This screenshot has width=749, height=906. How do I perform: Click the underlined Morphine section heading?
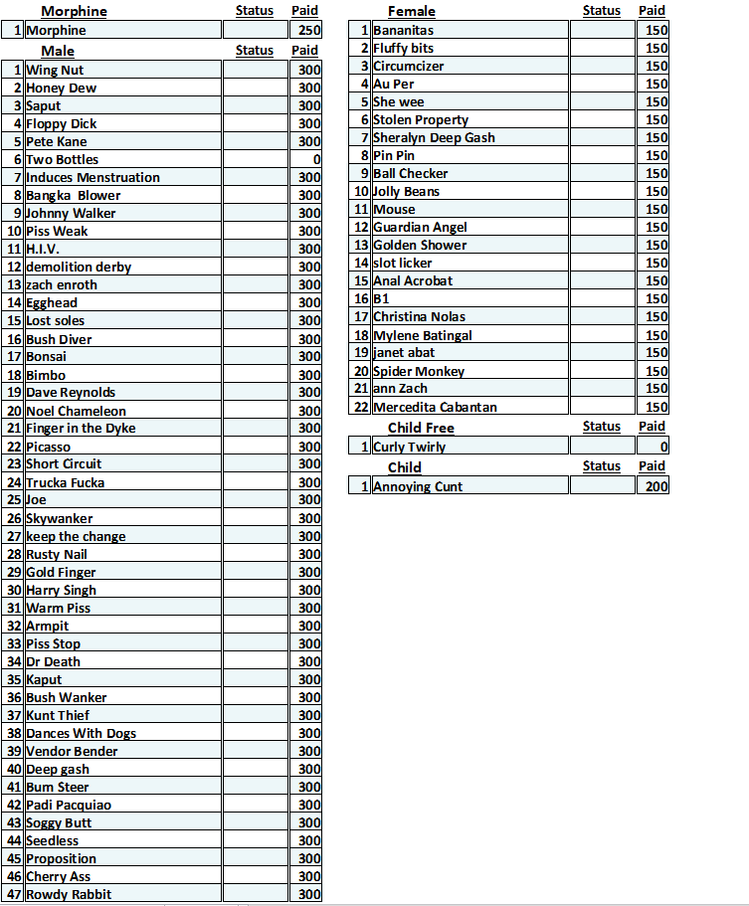click(x=74, y=12)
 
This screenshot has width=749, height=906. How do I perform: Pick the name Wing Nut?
click(x=55, y=71)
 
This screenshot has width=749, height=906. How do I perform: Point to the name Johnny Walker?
click(x=71, y=214)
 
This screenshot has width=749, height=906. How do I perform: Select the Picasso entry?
click(x=48, y=447)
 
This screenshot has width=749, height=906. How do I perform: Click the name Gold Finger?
click(x=61, y=573)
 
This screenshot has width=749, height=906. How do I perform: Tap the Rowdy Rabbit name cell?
click(x=69, y=894)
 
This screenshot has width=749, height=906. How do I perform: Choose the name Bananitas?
click(x=403, y=31)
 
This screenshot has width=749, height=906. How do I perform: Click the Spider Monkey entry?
click(x=419, y=371)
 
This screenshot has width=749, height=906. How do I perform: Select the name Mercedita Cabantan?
click(x=435, y=407)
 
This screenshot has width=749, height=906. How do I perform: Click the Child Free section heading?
click(x=421, y=428)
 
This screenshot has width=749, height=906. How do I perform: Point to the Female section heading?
click(x=412, y=12)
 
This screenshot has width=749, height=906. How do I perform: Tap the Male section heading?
click(x=58, y=51)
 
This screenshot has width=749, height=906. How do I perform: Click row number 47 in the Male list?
click(x=14, y=894)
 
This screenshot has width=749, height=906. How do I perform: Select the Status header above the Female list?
click(x=601, y=11)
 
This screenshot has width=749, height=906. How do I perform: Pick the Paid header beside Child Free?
click(x=652, y=427)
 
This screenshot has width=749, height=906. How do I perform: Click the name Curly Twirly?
click(x=409, y=447)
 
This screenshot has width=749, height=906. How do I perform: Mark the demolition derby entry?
click(x=79, y=268)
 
